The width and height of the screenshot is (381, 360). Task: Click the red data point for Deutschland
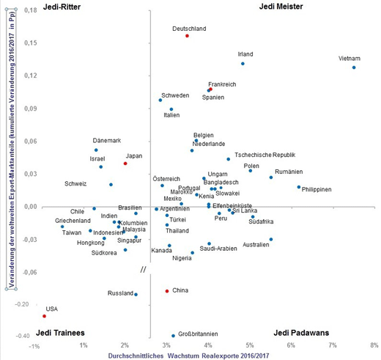pos(187,35)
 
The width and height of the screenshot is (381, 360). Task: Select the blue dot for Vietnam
pos(354,67)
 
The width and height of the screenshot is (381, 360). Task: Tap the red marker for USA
pos(44,316)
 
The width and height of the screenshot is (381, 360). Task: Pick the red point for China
pos(167,291)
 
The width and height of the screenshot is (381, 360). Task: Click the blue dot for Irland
pos(243,64)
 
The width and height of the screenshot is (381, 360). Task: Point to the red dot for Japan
pos(125,164)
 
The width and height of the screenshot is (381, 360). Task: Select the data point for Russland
pos(136,295)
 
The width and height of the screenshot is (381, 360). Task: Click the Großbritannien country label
pos(199,335)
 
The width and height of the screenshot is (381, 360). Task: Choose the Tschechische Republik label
pos(265,155)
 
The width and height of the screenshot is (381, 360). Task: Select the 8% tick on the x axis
pos(374,345)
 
